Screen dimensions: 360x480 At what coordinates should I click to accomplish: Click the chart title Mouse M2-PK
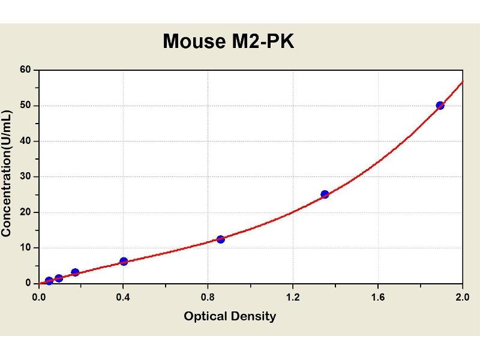229,41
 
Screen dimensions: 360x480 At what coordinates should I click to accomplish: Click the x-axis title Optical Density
230,316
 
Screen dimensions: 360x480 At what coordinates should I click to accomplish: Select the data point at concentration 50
440,106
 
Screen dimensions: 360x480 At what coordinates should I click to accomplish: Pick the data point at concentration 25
325,194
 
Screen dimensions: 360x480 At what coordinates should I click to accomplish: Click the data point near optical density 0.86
221,239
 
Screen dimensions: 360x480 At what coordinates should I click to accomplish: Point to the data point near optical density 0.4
124,261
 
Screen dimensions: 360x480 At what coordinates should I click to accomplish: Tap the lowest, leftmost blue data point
49,281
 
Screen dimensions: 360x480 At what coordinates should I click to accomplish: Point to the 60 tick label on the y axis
25,70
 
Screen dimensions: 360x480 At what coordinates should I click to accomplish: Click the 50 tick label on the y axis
25,106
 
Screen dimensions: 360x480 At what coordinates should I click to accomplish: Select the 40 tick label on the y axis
25,141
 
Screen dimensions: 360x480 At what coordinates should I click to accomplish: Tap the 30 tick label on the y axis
25,176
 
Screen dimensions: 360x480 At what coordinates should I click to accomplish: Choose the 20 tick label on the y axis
25,212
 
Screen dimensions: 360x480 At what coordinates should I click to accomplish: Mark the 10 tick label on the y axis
25,247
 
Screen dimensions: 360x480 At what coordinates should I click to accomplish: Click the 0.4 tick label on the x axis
124,295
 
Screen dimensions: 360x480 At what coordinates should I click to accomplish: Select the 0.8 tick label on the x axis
208,295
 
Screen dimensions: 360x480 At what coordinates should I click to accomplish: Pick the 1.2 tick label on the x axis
293,295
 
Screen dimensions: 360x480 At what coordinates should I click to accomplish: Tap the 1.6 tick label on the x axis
377,295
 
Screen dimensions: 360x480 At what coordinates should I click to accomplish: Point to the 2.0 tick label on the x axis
462,295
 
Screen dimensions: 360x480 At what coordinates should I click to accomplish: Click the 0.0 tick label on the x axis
39,295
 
